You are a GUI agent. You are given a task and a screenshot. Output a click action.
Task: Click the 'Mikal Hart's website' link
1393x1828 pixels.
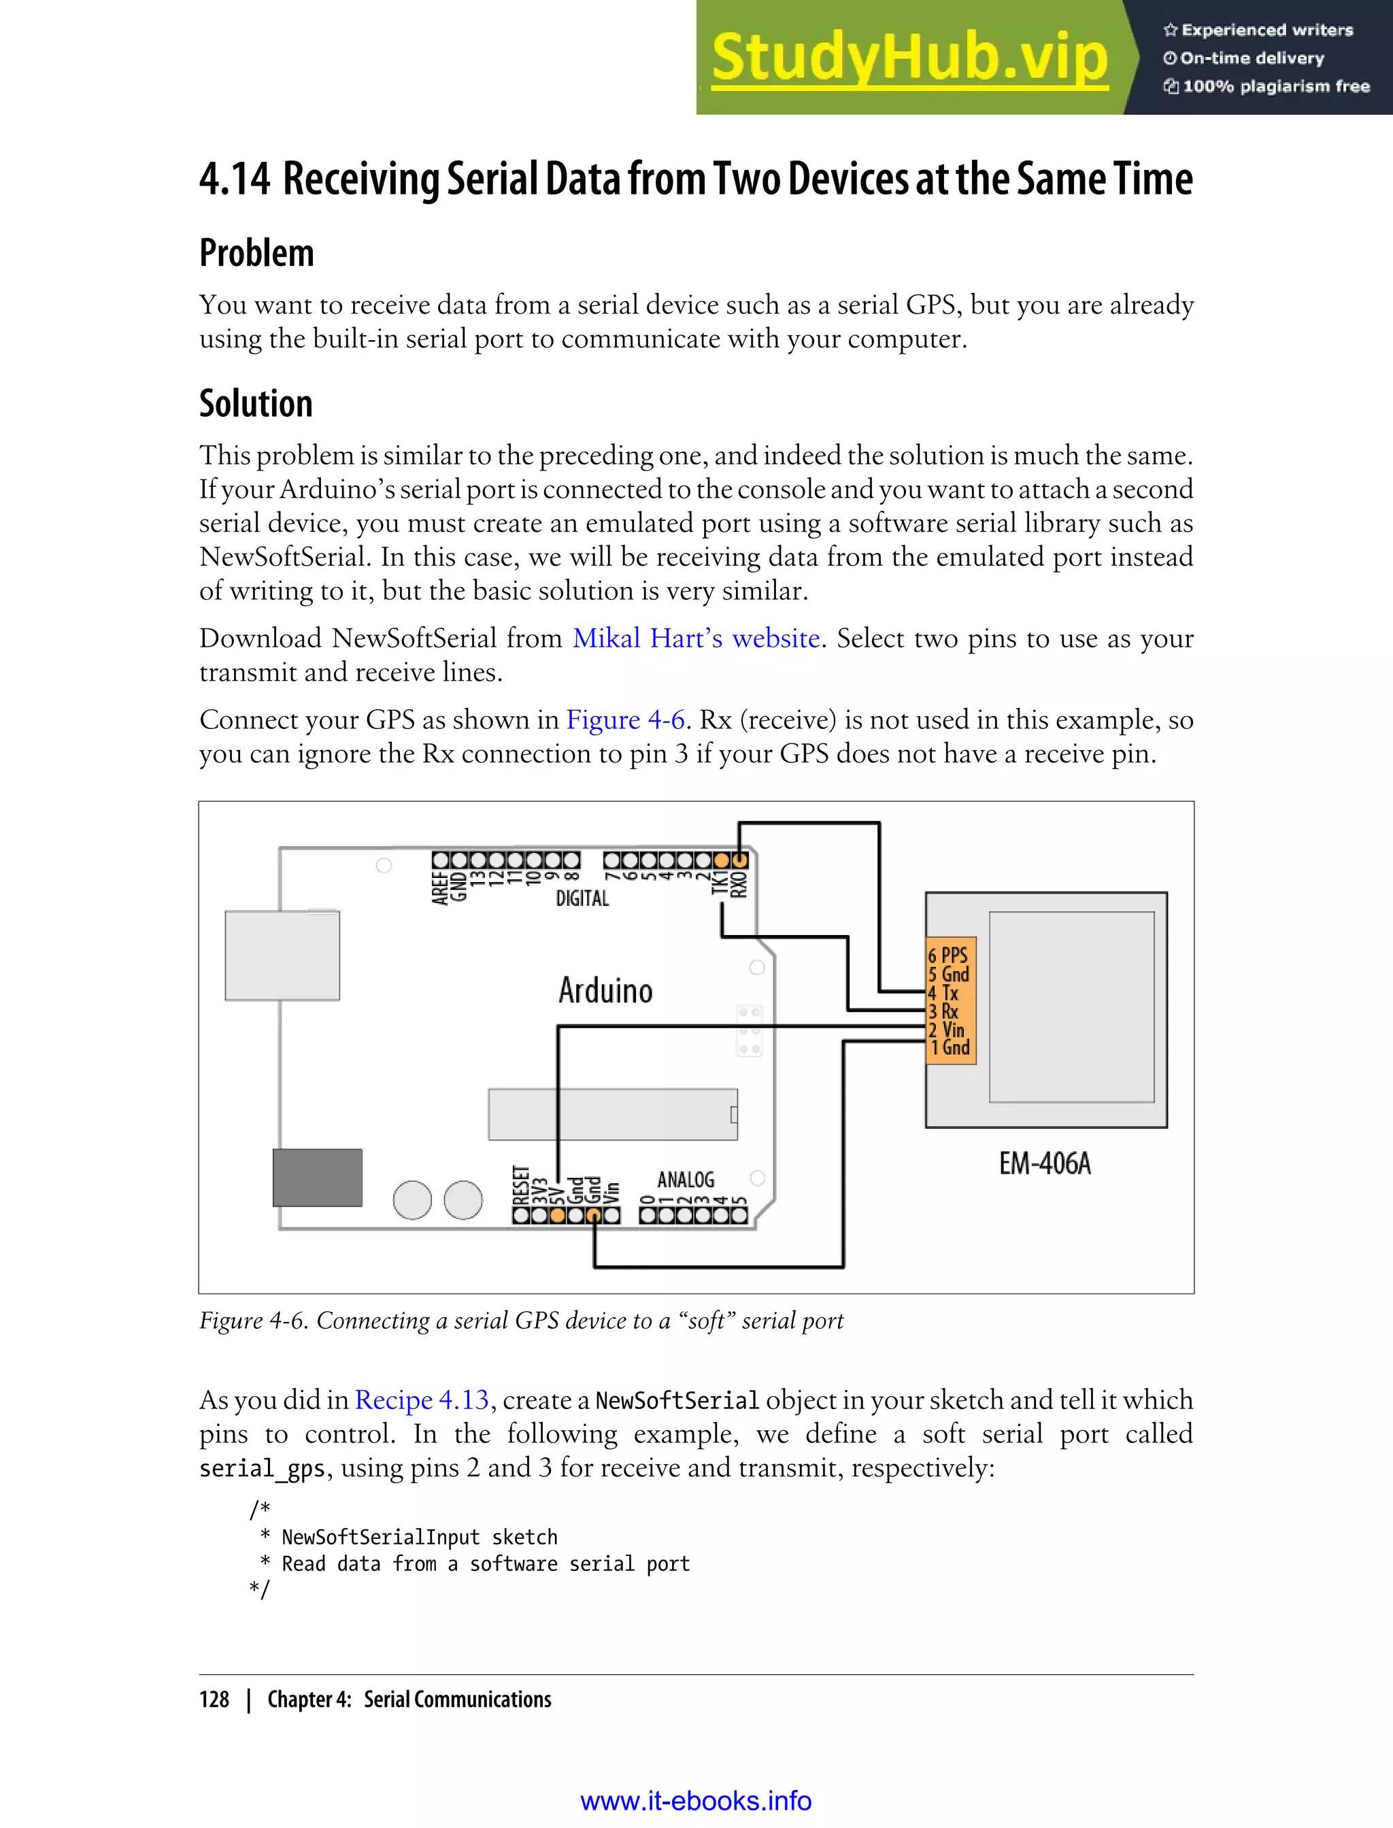pyautogui.click(x=696, y=639)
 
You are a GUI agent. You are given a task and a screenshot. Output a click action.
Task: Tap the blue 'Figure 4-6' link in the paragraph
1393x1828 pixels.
pyautogui.click(x=625, y=720)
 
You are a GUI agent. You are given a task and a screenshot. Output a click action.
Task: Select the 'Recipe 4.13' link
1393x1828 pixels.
pyautogui.click(x=421, y=1400)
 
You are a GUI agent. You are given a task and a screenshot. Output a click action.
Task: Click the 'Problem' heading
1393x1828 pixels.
pyautogui.click(x=256, y=253)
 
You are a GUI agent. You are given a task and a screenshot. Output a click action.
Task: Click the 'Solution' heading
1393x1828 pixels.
pyautogui.click(x=255, y=404)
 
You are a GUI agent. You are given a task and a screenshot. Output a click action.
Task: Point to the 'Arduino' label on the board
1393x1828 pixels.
pyautogui.click(x=605, y=991)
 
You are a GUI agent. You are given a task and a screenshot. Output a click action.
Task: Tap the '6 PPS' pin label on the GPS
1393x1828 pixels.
pyautogui.click(x=947, y=955)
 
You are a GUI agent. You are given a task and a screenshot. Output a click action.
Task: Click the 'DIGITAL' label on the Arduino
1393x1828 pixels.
pyautogui.click(x=582, y=898)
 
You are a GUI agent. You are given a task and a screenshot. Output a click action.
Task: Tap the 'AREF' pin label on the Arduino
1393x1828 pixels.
pyautogui.click(x=439, y=887)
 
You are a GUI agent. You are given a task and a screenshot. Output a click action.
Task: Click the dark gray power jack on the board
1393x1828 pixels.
pyautogui.click(x=318, y=1177)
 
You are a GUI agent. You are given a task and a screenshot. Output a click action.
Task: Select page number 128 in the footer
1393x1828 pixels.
pyautogui.click(x=214, y=1699)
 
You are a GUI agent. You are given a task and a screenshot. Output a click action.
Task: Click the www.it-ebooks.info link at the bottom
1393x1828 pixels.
pyautogui.click(x=696, y=1800)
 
